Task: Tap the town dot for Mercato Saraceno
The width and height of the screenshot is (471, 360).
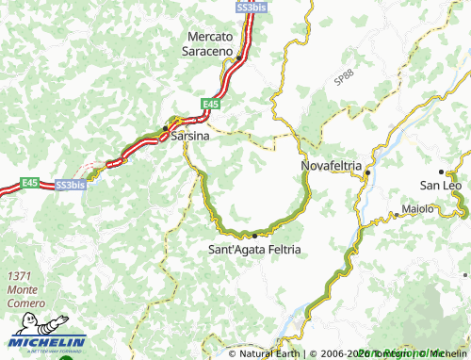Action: point(240,57)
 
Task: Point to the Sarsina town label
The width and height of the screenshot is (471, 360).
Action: point(188,137)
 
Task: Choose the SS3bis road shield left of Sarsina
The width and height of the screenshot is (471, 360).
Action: point(71,185)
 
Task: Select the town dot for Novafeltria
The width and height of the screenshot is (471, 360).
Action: point(367,172)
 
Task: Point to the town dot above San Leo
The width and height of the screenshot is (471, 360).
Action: point(441,171)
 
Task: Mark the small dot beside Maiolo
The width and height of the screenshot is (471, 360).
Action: point(397,215)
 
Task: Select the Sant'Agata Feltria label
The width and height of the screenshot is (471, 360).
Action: point(254,250)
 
